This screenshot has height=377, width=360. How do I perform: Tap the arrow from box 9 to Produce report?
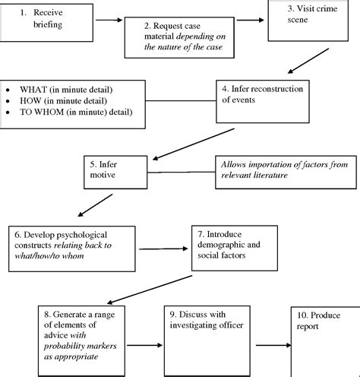click(x=273, y=344)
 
